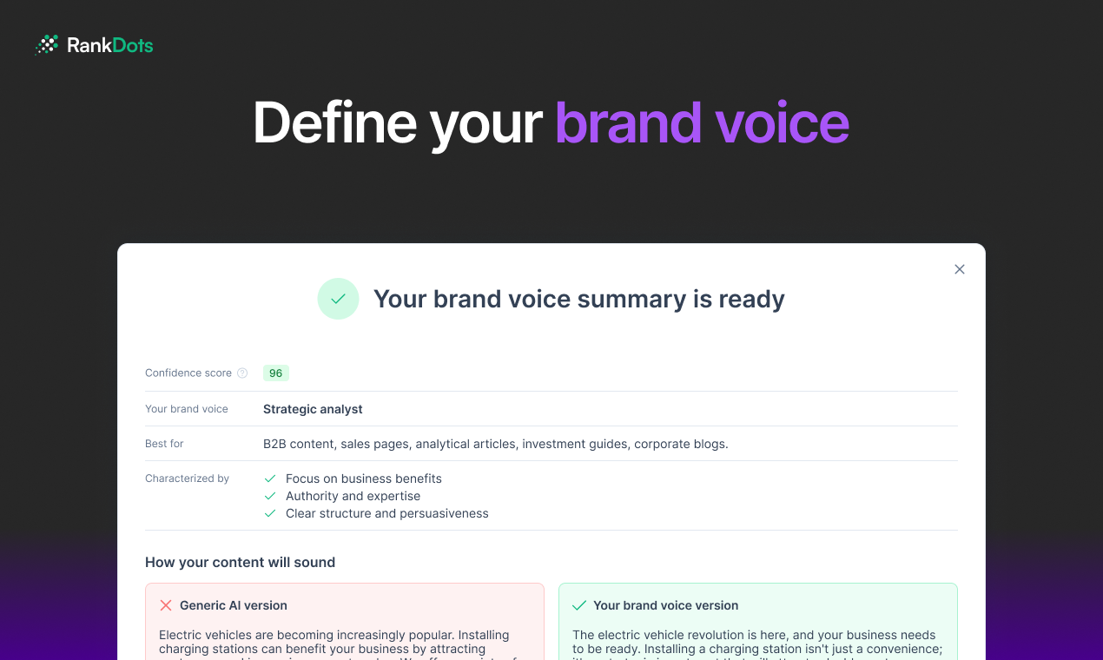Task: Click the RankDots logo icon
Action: pos(46,45)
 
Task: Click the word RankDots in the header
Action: pos(110,45)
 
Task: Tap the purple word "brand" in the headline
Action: pos(628,122)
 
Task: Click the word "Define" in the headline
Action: pos(334,122)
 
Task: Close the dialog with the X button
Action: pos(960,269)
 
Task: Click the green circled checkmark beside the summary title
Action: pos(338,299)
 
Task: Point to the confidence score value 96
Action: pos(275,373)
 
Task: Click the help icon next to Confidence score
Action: pos(242,373)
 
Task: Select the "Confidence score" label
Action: pos(188,373)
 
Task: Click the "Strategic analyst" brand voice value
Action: pos(313,409)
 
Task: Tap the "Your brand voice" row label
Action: pos(187,409)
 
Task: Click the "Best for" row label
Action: pos(164,444)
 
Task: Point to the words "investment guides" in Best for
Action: pos(576,444)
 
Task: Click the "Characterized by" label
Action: pos(187,478)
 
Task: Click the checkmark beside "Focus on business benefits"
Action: pos(270,478)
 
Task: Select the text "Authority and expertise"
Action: pos(353,496)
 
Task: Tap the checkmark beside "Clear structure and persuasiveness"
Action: pos(270,513)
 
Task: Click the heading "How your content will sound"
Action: pos(240,562)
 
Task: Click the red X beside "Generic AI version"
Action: pos(166,605)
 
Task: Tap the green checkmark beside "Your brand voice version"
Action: pos(579,605)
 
